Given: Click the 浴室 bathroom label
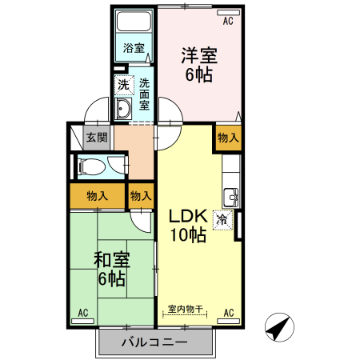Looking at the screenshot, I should (134, 48).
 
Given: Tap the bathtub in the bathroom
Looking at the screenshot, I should (134, 23).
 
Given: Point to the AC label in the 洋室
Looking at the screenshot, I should (228, 22).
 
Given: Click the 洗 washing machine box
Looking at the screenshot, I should (123, 84).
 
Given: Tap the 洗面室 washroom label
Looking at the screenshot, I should (144, 93).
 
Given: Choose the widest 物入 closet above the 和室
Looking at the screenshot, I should (97, 195).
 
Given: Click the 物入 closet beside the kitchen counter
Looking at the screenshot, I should (227, 137).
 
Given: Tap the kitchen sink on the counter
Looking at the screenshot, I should (230, 195).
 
